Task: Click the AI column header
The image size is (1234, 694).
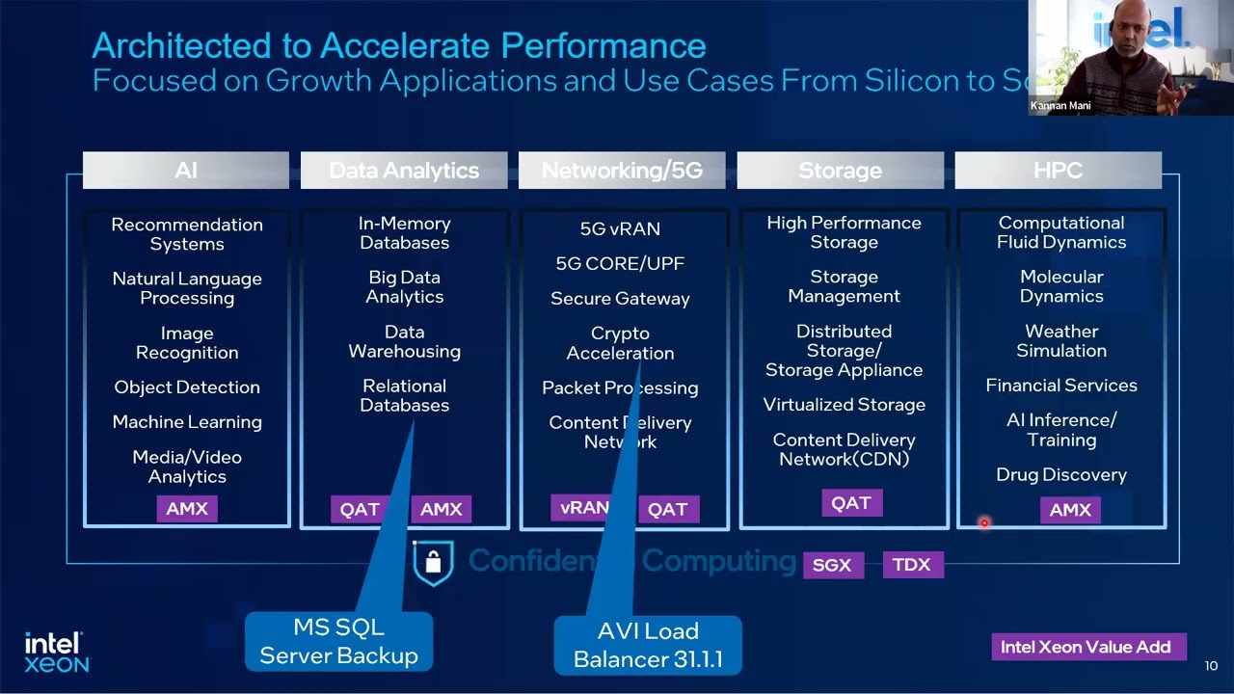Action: (186, 171)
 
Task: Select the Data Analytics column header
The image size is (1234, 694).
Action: (404, 171)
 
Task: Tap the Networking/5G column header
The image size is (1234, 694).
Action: (622, 171)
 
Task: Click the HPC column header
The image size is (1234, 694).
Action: (1058, 171)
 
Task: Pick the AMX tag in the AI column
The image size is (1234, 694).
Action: (187, 509)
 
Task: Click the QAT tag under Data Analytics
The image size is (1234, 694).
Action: (360, 510)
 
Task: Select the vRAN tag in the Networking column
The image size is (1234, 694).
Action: (584, 507)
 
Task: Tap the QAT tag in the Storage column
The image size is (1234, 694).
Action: (851, 503)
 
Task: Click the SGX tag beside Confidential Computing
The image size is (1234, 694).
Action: (832, 565)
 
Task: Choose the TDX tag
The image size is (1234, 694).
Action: (911, 565)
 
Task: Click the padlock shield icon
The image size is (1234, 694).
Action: (433, 563)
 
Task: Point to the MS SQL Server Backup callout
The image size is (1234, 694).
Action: (338, 642)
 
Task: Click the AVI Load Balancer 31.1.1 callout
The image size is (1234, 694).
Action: (648, 645)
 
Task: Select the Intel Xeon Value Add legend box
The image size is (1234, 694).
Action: (1086, 647)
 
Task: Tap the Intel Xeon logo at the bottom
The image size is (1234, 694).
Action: (56, 653)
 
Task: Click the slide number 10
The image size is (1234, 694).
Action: (1212, 666)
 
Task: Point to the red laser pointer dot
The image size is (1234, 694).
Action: (984, 523)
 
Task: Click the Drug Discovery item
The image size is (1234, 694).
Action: (1060, 475)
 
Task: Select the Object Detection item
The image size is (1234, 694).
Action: (187, 387)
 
